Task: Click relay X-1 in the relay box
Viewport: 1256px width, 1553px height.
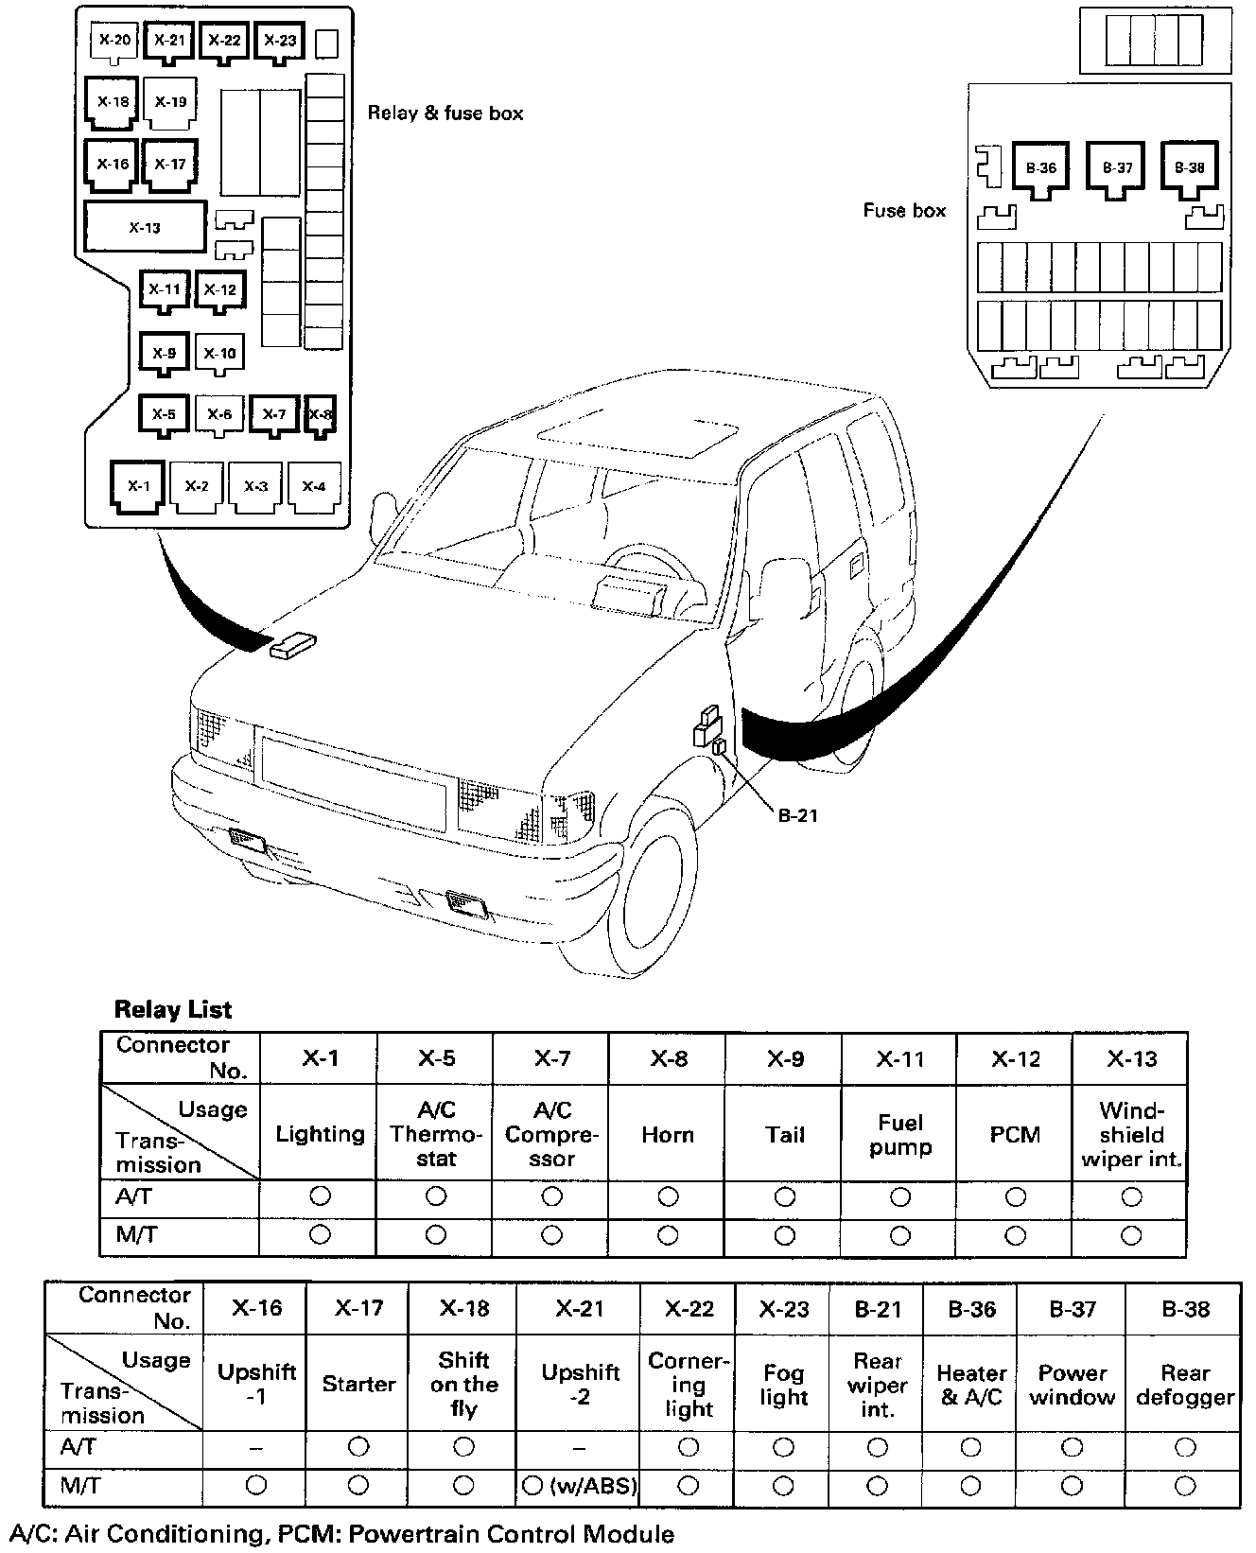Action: (138, 486)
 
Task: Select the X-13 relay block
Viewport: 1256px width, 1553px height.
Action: (145, 227)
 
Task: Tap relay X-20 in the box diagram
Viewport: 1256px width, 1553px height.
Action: (114, 40)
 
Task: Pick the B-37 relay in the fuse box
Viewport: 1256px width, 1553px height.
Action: (1117, 168)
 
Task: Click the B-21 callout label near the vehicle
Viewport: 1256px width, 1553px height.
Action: (797, 814)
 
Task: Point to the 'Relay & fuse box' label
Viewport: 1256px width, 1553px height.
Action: (445, 113)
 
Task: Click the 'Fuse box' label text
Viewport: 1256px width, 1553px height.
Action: (903, 211)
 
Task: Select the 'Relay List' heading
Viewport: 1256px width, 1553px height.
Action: (172, 1009)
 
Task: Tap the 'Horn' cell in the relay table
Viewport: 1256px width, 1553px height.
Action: (668, 1134)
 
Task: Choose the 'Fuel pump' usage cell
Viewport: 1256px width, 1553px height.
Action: (899, 1134)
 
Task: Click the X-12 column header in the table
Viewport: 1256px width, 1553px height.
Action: (1015, 1058)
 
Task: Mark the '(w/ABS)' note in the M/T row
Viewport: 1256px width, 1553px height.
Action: (592, 1486)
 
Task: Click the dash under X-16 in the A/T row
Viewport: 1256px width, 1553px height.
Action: (256, 1448)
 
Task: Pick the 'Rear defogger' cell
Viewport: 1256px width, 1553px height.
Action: (1185, 1385)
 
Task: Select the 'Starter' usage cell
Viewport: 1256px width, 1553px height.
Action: (358, 1385)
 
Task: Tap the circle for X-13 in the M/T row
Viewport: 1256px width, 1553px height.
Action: (1131, 1234)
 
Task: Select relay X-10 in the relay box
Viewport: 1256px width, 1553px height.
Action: (220, 354)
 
